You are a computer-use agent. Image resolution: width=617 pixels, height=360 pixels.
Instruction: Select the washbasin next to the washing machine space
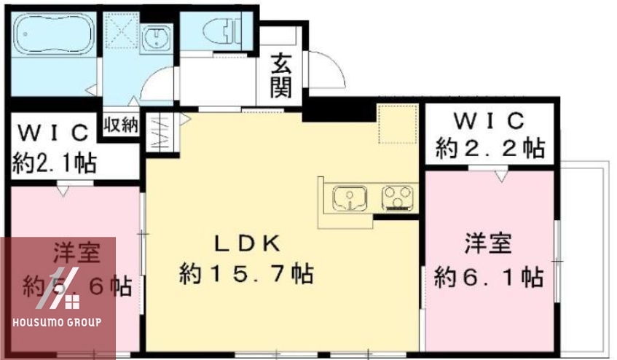[x=154, y=37]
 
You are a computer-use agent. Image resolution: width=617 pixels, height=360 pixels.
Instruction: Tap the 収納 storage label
[x=120, y=124]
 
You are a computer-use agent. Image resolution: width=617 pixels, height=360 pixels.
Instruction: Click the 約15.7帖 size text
[x=246, y=274]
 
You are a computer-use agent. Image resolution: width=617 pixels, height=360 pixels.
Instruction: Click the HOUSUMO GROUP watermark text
[x=58, y=321]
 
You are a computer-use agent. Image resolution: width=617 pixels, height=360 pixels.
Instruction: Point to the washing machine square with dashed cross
[x=119, y=30]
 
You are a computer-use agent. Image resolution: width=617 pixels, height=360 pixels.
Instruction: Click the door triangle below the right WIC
[x=499, y=176]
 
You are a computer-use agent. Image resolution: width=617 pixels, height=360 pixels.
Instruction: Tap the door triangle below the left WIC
[x=63, y=191]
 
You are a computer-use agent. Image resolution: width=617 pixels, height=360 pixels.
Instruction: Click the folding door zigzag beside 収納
[x=160, y=133]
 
